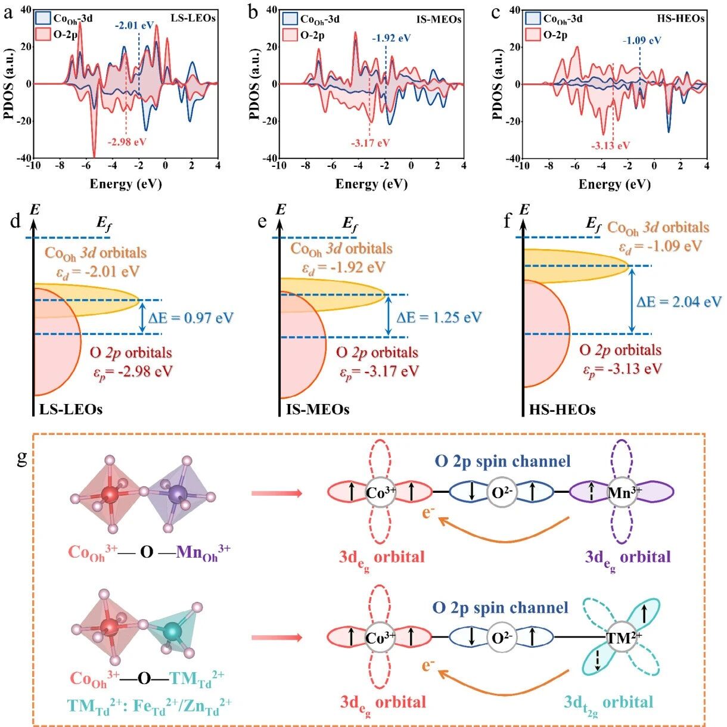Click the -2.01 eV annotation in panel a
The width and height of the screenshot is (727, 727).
pos(135,26)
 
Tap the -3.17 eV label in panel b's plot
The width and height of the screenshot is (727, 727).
pos(370,144)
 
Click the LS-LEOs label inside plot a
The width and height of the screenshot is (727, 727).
pos(193,18)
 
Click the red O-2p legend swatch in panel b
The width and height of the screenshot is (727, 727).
pos(290,36)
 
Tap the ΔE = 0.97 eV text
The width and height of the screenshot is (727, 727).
pos(191,318)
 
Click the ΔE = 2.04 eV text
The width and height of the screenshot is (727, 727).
pos(679,302)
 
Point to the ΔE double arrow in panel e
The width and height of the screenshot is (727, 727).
pos(388,316)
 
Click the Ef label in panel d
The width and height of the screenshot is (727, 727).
pos(104,223)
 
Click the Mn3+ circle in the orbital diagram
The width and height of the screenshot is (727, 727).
pos(623,492)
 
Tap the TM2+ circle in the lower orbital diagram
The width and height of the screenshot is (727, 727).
pos(622,638)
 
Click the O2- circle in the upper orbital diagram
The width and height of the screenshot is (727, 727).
pos(502,492)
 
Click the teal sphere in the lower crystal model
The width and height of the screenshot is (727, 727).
pos(173,630)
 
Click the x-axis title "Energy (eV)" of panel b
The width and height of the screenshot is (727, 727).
pos(371,184)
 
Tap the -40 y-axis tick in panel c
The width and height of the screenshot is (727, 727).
pos(514,158)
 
